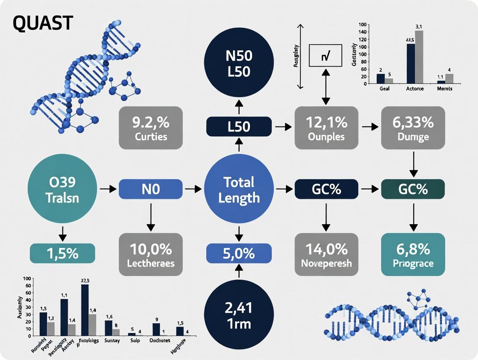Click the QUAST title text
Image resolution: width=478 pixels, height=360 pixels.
pos(42,23)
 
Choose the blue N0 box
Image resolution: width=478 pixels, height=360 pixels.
pos(151,189)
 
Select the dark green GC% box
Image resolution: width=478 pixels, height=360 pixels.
pos(413,189)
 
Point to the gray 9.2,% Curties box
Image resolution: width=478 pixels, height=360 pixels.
pos(151,128)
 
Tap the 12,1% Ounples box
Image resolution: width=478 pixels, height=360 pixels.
pos(326,128)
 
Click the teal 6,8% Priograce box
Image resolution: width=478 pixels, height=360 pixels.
pos(413,254)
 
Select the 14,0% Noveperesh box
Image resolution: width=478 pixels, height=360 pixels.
pos(326,254)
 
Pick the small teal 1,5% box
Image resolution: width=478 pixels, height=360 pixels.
pos(62,253)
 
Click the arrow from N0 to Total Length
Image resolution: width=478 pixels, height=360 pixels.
pos(193,189)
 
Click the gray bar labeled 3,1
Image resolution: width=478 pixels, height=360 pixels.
pos(419,57)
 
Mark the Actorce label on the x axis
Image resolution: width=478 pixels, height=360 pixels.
pos(414,88)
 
